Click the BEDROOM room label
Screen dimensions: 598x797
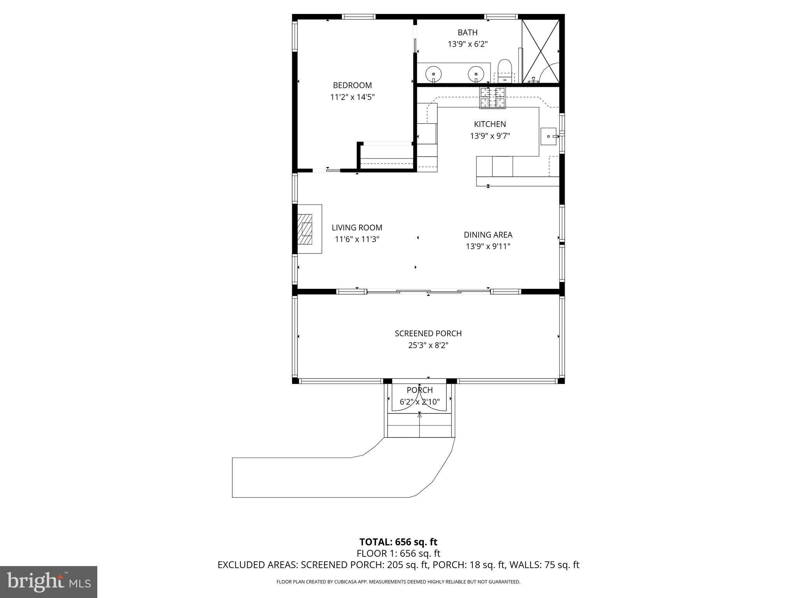(352, 85)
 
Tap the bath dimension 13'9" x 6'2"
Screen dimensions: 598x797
(467, 44)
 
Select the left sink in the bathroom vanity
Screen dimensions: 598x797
(433, 73)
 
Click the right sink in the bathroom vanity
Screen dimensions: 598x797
(476, 73)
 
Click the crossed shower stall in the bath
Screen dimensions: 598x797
(540, 51)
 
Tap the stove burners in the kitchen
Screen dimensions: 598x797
(492, 97)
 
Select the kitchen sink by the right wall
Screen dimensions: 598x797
(549, 137)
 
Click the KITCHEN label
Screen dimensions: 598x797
(490, 124)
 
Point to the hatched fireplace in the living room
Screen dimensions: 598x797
(307, 229)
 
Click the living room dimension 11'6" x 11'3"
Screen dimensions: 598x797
(357, 239)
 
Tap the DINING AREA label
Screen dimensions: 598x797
(488, 235)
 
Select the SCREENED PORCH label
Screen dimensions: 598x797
(428, 333)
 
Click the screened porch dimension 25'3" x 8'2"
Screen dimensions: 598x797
(428, 345)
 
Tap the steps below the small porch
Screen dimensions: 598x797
(420, 426)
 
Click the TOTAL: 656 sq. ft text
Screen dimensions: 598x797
(398, 542)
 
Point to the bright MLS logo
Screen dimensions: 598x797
(49, 582)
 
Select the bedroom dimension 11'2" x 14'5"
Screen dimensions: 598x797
(352, 97)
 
